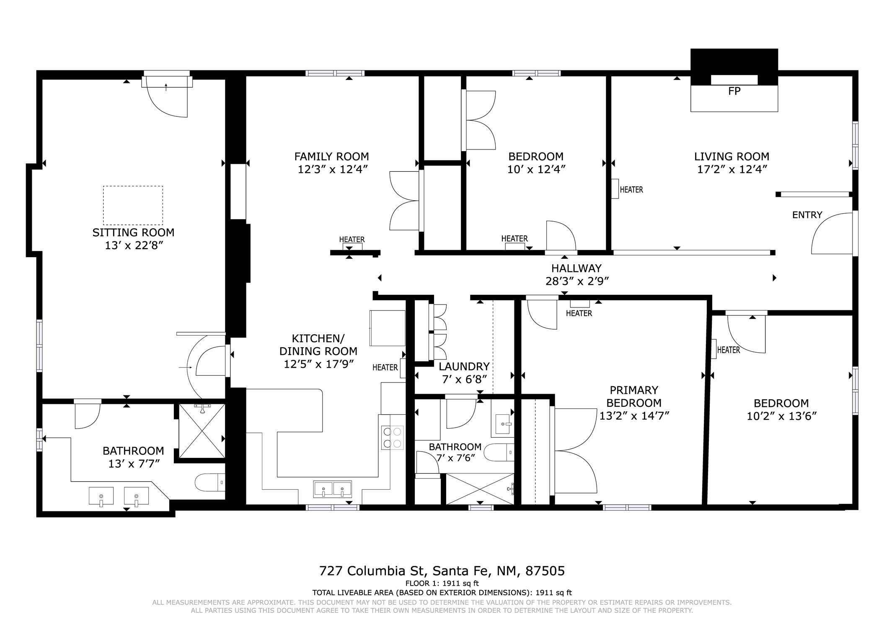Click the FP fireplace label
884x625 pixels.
tap(734, 91)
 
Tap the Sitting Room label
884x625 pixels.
tap(133, 232)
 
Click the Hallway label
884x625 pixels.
tap(576, 268)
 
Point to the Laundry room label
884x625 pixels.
tap(464, 367)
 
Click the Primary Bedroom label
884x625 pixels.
tap(634, 397)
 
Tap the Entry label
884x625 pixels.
tap(807, 215)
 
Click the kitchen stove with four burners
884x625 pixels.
tap(393, 438)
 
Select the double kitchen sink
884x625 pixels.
tap(333, 489)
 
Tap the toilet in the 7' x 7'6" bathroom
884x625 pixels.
tap(499, 452)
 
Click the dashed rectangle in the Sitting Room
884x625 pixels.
tap(133, 205)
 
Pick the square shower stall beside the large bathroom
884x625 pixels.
tap(202, 431)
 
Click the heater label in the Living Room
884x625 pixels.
tap(631, 190)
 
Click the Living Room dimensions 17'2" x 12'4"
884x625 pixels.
tap(731, 170)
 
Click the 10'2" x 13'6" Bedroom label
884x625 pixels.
tap(781, 410)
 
